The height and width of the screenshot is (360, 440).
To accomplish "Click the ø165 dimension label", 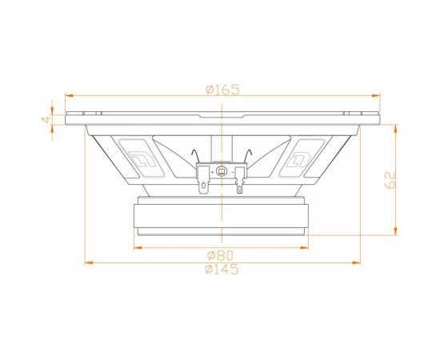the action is tap(223, 90).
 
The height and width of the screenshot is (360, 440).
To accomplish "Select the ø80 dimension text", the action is tap(221, 255).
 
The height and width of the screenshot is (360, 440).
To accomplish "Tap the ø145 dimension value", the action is tap(222, 270).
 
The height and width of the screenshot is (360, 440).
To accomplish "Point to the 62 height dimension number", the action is tap(390, 180).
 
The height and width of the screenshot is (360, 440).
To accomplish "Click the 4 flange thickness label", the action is tap(46, 120).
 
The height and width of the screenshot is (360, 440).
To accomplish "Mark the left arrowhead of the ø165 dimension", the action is tap(69, 95).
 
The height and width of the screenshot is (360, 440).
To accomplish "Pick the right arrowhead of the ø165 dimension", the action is tap(376, 95).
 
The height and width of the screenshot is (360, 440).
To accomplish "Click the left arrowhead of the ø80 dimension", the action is tap(138, 248).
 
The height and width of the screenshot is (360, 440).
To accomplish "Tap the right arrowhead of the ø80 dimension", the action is tap(304, 248).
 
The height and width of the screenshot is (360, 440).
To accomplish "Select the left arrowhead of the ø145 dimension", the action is tap(89, 262).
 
